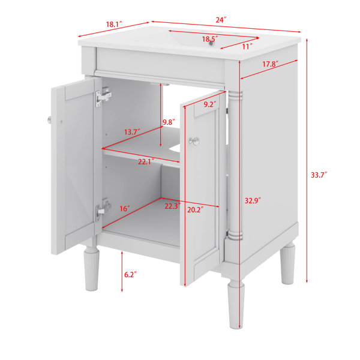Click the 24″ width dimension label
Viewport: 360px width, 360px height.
click(x=221, y=20)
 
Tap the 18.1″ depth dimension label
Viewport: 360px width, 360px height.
click(x=113, y=24)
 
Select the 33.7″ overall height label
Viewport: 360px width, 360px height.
click(x=319, y=175)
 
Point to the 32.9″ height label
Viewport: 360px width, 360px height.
click(x=253, y=200)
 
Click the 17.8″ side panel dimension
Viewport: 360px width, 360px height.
click(x=271, y=64)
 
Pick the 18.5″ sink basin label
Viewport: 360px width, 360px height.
click(x=210, y=39)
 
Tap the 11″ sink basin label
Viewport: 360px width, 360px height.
click(x=247, y=47)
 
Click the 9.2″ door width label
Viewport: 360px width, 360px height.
click(x=210, y=104)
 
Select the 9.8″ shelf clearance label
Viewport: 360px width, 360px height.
click(x=169, y=122)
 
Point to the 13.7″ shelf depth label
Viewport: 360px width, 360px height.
click(x=132, y=132)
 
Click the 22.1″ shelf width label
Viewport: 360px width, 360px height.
click(x=146, y=162)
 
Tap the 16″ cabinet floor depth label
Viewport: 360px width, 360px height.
click(x=125, y=209)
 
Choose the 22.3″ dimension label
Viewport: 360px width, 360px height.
click(x=172, y=206)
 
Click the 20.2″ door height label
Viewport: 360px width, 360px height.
click(x=196, y=210)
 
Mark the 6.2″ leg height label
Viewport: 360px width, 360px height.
click(x=130, y=275)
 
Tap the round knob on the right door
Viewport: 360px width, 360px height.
click(x=194, y=141)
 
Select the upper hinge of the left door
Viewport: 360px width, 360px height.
click(x=103, y=97)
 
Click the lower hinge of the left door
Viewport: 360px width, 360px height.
click(x=103, y=209)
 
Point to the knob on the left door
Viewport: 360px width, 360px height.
click(x=49, y=120)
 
